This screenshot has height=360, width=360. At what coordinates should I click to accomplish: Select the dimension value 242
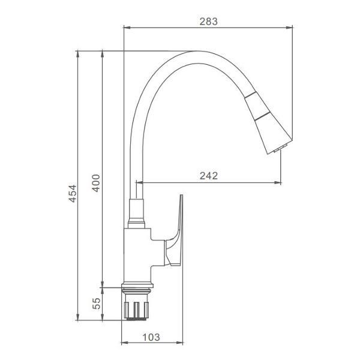(x=208, y=175)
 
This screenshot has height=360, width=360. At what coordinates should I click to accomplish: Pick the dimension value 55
(x=97, y=303)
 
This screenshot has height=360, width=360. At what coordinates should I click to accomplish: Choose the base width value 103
(x=151, y=337)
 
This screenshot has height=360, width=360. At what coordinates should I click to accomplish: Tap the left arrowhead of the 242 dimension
(x=139, y=182)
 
